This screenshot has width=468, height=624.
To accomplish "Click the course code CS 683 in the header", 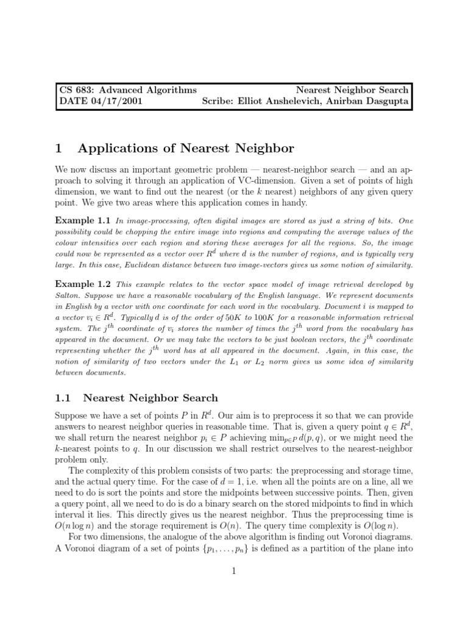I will [x=76, y=90].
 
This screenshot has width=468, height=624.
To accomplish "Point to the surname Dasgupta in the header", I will [x=386, y=102].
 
